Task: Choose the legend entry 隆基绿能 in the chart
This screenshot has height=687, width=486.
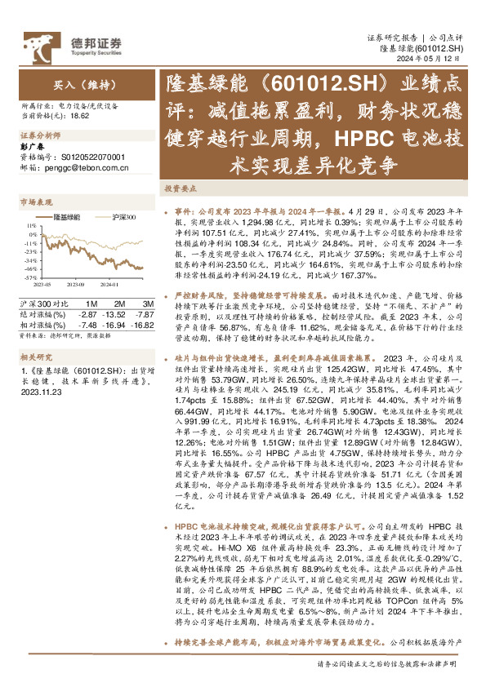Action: click(67, 217)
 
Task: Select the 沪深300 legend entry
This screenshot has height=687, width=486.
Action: click(122, 217)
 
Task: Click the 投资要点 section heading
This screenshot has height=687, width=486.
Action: click(181, 188)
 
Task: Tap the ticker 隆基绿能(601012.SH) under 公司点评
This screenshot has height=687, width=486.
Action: click(422, 49)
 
